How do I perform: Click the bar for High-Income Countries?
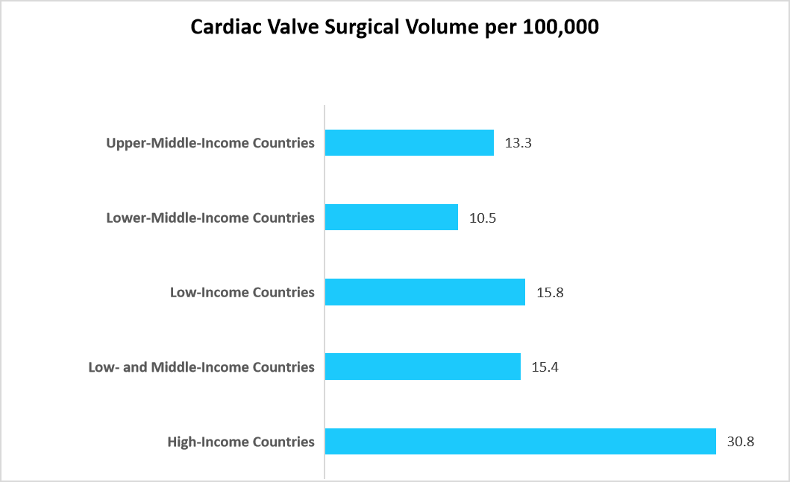[520, 441]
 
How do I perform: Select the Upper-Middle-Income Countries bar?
[410, 142]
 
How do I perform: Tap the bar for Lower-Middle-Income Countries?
[392, 218]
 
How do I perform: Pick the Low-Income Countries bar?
[425, 292]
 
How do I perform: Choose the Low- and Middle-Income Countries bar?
[423, 367]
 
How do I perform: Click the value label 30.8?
[741, 442]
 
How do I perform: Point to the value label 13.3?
[518, 143]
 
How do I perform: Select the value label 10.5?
[482, 218]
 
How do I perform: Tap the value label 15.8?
[550, 293]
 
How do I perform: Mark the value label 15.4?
[545, 367]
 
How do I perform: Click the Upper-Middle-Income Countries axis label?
[210, 142]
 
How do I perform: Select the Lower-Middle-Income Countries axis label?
[210, 218]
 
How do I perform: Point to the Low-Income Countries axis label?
[242, 292]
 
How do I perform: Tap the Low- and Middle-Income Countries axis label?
[201, 367]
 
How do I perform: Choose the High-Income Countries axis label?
[241, 442]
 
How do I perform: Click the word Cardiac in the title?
[224, 27]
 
